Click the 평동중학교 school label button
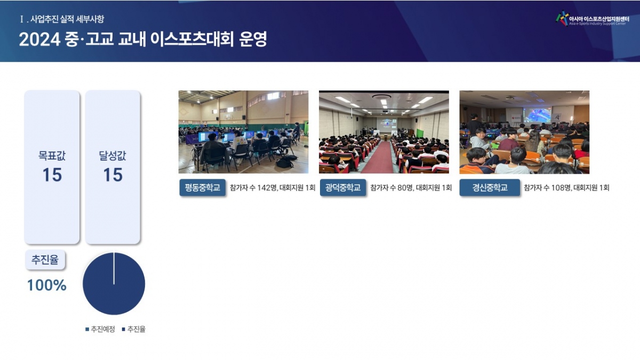click(202, 187)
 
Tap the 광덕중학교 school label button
click(343, 187)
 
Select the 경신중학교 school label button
click(490, 187)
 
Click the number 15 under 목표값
click(52, 174)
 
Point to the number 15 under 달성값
click(113, 174)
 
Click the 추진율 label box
click(45, 260)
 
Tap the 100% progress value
click(46, 285)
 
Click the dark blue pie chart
click(114, 283)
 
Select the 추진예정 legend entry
click(100, 329)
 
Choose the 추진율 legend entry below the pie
click(134, 329)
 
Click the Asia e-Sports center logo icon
click(562, 18)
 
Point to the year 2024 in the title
click(39, 39)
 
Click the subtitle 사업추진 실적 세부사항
click(67, 19)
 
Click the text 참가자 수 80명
click(391, 188)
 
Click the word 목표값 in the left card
click(52, 156)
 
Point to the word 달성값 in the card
click(113, 156)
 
